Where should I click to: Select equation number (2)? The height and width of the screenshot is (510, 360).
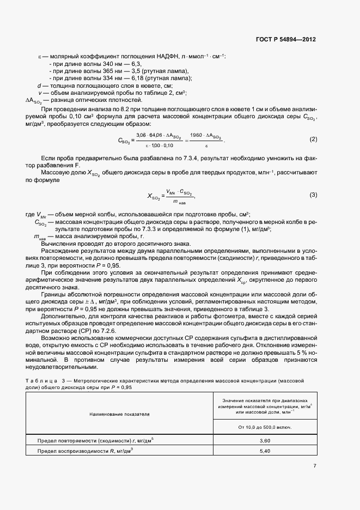[313, 139]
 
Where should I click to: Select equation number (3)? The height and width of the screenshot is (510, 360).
[313, 195]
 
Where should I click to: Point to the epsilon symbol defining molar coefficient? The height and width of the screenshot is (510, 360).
[39, 56]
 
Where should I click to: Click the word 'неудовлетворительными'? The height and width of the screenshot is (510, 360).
[59, 367]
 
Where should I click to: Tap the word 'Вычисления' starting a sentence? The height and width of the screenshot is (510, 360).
[58, 244]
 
